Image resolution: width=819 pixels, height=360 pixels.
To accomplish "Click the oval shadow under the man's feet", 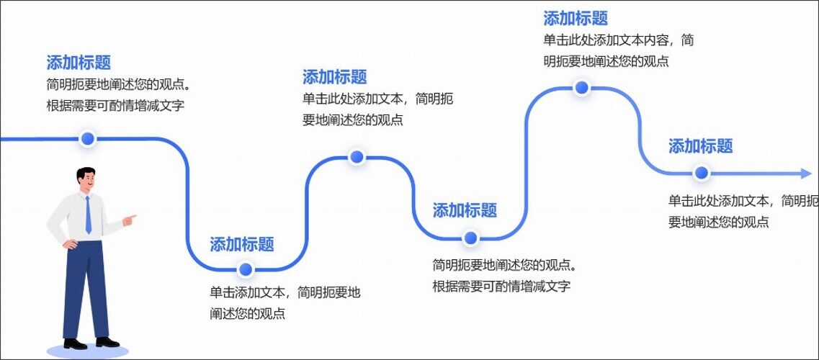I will (x=87, y=351).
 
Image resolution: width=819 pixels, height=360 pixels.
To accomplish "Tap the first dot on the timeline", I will (x=88, y=139).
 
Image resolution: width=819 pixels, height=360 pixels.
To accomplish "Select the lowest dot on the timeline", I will (x=246, y=270).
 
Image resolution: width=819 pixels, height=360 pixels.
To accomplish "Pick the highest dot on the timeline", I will (x=582, y=88).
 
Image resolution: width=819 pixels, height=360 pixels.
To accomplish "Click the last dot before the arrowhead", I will (x=701, y=173).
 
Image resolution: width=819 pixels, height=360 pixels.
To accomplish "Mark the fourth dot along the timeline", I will (x=470, y=238).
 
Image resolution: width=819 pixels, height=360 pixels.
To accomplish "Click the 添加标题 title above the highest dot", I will (x=576, y=19).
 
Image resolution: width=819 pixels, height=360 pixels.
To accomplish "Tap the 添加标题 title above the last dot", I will (x=700, y=146).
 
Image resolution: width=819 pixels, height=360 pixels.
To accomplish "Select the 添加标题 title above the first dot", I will (x=79, y=63).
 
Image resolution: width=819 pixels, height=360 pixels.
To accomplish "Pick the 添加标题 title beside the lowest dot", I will (x=242, y=244).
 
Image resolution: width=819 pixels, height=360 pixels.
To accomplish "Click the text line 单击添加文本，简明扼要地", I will (x=285, y=293).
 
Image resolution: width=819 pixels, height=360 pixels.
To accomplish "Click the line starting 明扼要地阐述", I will (x=605, y=62).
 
